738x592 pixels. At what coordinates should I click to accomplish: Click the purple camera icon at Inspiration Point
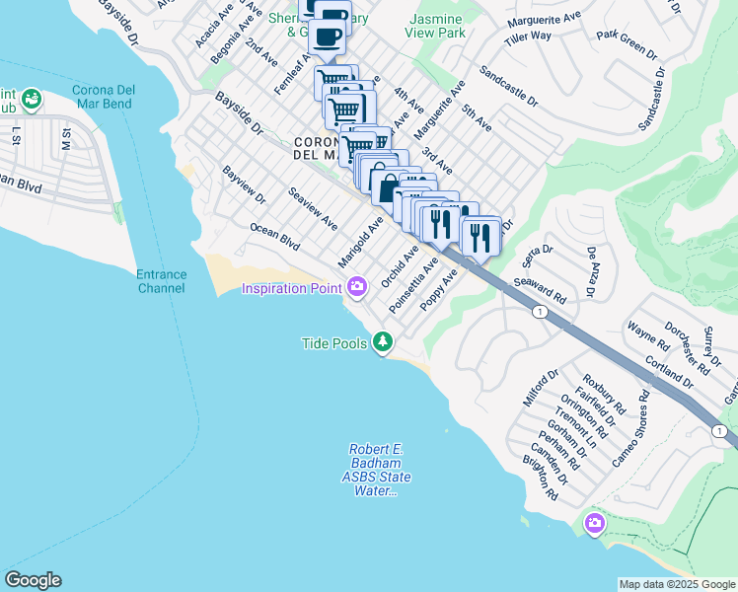(x=357, y=288)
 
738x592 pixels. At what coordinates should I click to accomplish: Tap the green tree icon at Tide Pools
(x=383, y=343)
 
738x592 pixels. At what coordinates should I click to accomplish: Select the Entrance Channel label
(x=161, y=281)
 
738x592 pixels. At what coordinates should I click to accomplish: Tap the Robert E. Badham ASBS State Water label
(x=377, y=471)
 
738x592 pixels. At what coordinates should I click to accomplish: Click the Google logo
(x=33, y=580)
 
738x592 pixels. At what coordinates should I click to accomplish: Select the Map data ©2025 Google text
(x=677, y=584)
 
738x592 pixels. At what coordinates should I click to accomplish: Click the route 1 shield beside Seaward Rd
(x=540, y=312)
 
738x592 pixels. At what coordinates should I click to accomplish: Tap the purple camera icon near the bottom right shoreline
(x=594, y=522)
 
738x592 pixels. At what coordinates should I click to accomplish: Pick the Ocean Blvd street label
(x=274, y=235)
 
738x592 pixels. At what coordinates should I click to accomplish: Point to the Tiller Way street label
(x=528, y=37)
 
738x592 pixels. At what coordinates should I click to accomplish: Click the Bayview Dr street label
(x=245, y=185)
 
